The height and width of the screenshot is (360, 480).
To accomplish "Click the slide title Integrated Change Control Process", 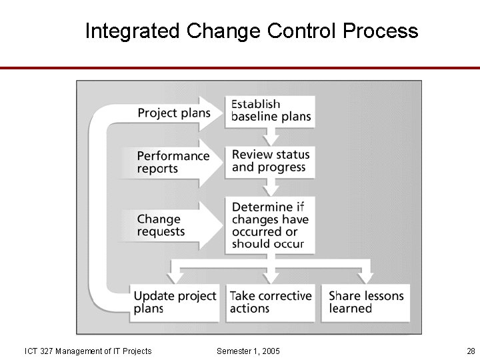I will pos(251,31).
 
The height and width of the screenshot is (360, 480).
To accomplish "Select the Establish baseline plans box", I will pos(270,110).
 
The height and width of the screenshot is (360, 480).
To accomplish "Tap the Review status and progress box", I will pos(270,161).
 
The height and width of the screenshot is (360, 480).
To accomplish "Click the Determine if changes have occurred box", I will pos(269,225).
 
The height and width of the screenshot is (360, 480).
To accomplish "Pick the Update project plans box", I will pos(175,302).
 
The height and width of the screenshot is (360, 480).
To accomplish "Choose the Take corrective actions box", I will pos(270,302).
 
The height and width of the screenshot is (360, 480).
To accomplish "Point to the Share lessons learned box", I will pos(366,302).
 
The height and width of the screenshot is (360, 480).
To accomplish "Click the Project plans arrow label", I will pos(173,113).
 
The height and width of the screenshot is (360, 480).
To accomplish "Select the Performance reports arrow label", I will pos(173,162).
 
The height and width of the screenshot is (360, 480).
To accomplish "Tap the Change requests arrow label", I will pos(161,225).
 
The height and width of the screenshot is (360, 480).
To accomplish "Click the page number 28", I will pos(471,351).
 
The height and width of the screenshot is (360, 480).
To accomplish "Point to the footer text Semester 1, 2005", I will pos(249,351).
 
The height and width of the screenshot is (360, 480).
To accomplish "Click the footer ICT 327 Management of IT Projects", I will pos(88,351).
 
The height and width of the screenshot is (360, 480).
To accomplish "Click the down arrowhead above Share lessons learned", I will pos(365,277).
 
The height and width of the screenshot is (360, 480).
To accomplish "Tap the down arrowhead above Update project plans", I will pos(175,277).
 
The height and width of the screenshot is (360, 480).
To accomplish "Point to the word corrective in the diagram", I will pos(281,295).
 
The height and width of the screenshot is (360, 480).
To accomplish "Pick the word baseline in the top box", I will pos(253,117).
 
